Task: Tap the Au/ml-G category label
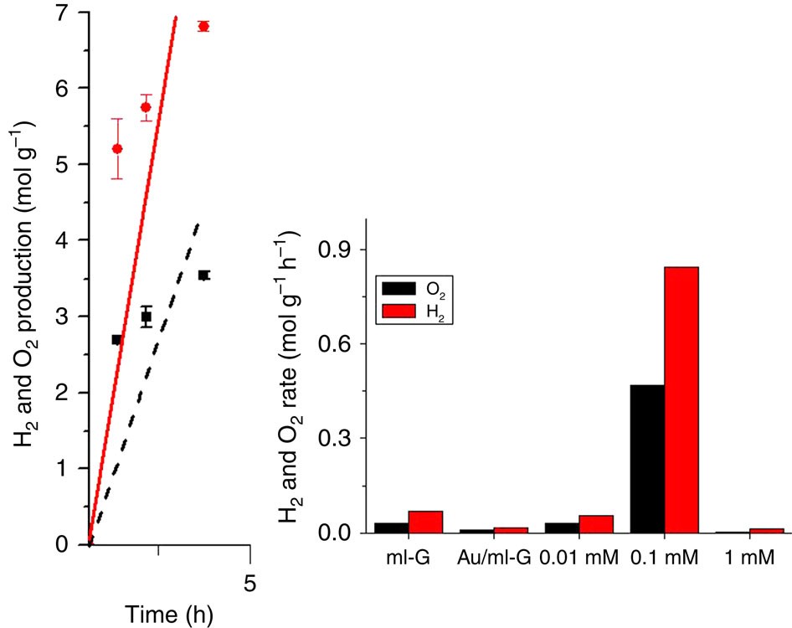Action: (x=494, y=557)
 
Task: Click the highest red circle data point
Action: (x=203, y=27)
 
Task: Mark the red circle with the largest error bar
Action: (x=117, y=148)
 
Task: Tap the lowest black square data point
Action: (x=116, y=339)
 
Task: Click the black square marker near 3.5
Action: (x=203, y=275)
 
